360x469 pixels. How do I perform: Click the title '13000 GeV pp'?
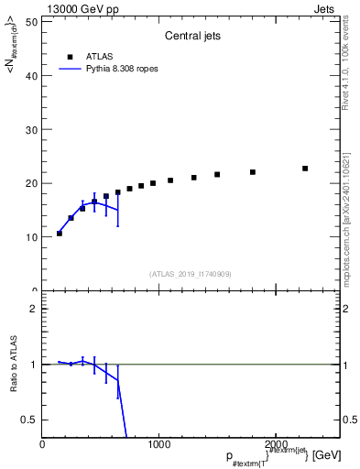coord(80,8)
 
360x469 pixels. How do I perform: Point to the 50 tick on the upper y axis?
coord(30,21)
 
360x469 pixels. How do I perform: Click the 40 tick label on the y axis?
coord(30,75)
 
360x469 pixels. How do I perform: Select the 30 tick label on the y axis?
coord(30,129)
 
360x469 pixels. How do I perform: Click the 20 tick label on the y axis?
coord(30,183)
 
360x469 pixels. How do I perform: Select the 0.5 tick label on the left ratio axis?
coord(28,420)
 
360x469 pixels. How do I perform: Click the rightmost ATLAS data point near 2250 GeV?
coord(305,169)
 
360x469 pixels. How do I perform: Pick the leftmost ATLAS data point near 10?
coord(60,234)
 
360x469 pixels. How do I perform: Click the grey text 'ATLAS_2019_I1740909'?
coord(190,274)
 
